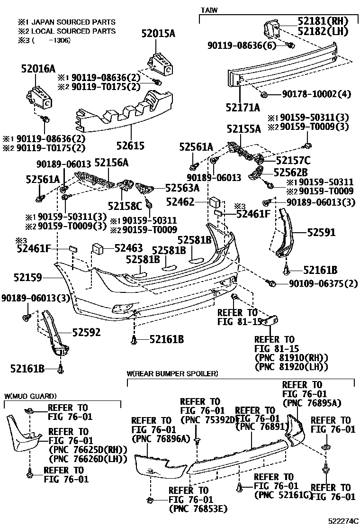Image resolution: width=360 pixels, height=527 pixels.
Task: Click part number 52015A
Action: tap(158, 33)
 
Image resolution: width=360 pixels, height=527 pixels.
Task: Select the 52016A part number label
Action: tap(38, 69)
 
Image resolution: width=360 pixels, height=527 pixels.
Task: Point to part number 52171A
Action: tap(243, 108)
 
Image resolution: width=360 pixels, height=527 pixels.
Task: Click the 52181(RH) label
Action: tap(323, 21)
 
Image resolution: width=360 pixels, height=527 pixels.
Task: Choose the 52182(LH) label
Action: tap(323, 32)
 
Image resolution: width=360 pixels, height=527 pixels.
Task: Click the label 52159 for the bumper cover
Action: tap(27, 276)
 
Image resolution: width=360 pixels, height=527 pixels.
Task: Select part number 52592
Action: tap(86, 332)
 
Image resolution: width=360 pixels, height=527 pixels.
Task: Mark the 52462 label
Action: tap(180, 203)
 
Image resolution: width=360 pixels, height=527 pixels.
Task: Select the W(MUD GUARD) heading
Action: tap(30, 396)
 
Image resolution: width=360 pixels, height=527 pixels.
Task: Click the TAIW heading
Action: tap(209, 9)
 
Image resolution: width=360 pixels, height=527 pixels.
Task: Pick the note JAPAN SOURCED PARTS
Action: tap(71, 22)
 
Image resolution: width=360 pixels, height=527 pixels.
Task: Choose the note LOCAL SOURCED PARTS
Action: tap(71, 31)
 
